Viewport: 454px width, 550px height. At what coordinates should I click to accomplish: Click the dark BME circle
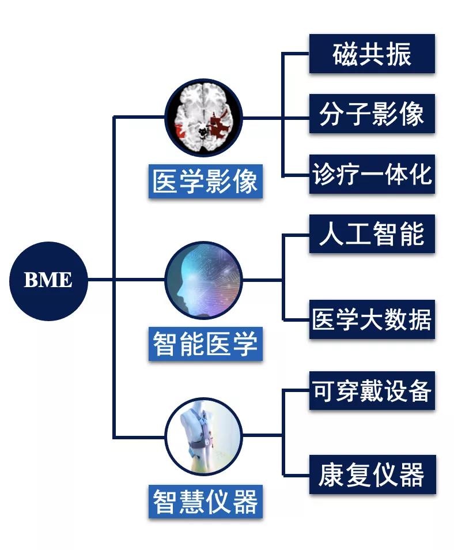[x=48, y=281]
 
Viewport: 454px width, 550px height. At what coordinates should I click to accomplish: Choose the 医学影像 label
[x=205, y=182]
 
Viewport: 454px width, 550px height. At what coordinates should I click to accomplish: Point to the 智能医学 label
[x=205, y=344]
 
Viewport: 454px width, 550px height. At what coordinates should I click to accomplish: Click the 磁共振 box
[x=372, y=54]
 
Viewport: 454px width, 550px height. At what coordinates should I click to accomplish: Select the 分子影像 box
[x=372, y=114]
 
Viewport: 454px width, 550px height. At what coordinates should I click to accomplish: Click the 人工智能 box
[x=372, y=234]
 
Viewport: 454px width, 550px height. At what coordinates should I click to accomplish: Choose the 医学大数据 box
[x=372, y=319]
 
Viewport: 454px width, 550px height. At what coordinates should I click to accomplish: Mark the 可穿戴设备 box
[x=372, y=391]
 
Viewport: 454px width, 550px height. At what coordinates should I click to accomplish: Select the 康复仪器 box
[x=372, y=475]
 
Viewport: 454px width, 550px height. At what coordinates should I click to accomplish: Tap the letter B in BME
[x=31, y=281]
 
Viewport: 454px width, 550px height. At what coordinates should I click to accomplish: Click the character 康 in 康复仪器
[x=331, y=475]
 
